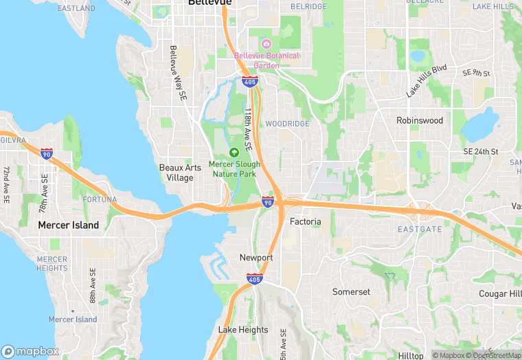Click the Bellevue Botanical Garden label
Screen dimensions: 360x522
point(266,60)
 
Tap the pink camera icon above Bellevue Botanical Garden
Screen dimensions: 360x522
point(266,44)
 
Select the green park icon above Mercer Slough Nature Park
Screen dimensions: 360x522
point(234,152)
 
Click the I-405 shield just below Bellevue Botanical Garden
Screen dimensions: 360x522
point(249,83)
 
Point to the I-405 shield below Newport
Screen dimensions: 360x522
point(253,278)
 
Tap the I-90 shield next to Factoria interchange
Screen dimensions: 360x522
point(268,202)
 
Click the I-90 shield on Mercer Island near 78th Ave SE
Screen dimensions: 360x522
point(47,154)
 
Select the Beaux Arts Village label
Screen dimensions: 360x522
point(176,172)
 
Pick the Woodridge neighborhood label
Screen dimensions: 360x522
point(287,124)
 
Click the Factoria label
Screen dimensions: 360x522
point(305,222)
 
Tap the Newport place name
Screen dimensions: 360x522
point(256,258)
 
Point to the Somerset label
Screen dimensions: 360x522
point(351,292)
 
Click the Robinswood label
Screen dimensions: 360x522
point(420,120)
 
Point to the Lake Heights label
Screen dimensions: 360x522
point(243,330)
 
